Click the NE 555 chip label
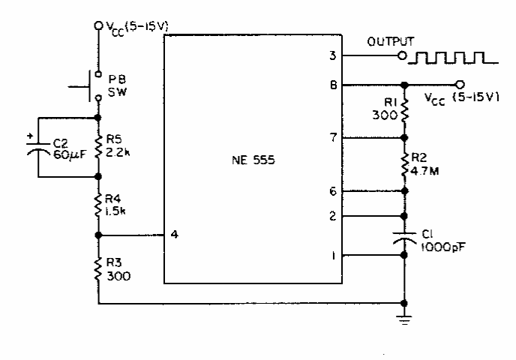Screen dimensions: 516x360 point(253,160)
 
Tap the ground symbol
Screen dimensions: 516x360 point(404,319)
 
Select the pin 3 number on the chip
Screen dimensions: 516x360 point(333,55)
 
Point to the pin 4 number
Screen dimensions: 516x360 point(175,235)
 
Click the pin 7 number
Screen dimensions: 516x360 point(334,137)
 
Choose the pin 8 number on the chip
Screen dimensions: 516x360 point(333,85)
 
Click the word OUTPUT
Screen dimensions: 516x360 point(391,42)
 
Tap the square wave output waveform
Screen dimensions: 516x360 point(453,58)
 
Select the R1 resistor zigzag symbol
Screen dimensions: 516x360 point(404,109)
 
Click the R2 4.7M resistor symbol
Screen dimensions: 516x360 point(404,164)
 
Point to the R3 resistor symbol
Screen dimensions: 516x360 point(98,269)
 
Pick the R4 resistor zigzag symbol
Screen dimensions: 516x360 point(98,205)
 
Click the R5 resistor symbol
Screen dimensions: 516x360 point(98,147)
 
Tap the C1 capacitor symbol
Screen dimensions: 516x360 point(404,238)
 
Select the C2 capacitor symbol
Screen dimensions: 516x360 point(38,148)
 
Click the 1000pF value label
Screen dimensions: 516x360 point(443,247)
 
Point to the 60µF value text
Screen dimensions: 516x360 point(69,154)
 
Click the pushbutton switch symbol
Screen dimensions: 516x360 point(88,86)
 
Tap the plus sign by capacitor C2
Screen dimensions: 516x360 point(30,136)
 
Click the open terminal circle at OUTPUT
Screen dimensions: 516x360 point(402,55)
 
